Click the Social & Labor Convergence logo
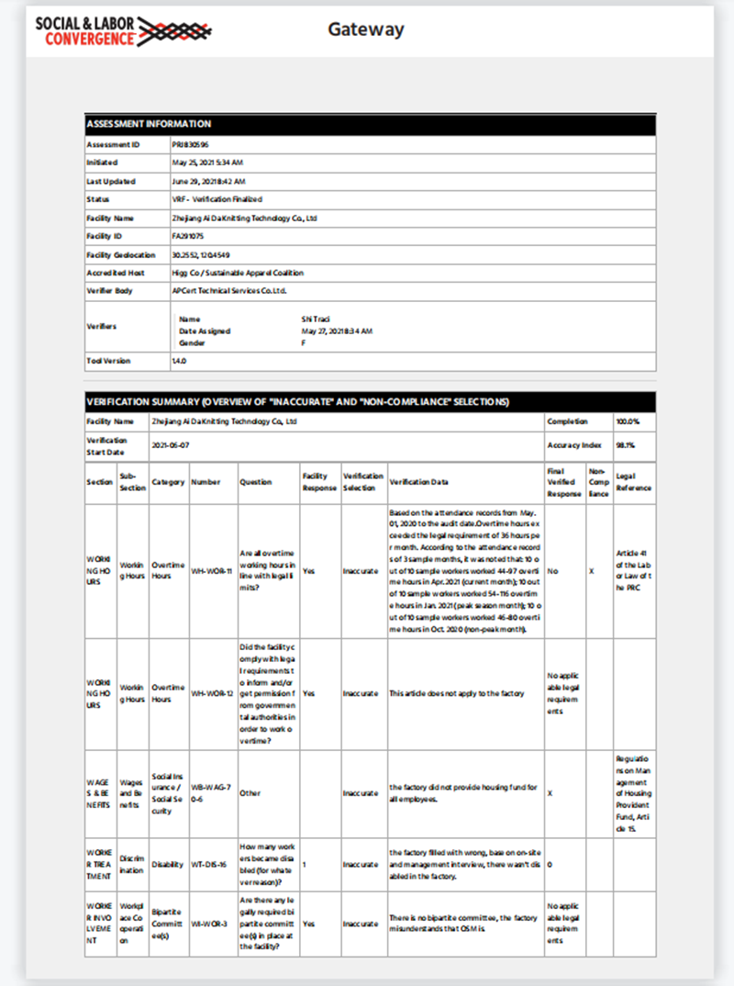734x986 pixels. [x=124, y=29]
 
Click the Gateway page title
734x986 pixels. [x=366, y=29]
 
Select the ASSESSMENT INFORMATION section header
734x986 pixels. [x=149, y=123]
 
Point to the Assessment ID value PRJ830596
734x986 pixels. [x=190, y=145]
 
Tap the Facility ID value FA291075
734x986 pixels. [x=189, y=236]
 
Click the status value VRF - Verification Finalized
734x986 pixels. [x=217, y=199]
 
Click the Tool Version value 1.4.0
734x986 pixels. [x=179, y=361]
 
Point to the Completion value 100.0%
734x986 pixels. [x=628, y=421]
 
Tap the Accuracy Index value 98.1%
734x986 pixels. [x=625, y=444]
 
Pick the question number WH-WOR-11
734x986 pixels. [x=210, y=570]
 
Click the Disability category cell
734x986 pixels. [x=166, y=864]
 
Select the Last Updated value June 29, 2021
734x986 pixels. [x=208, y=182]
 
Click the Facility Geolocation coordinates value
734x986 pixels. [x=200, y=254]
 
